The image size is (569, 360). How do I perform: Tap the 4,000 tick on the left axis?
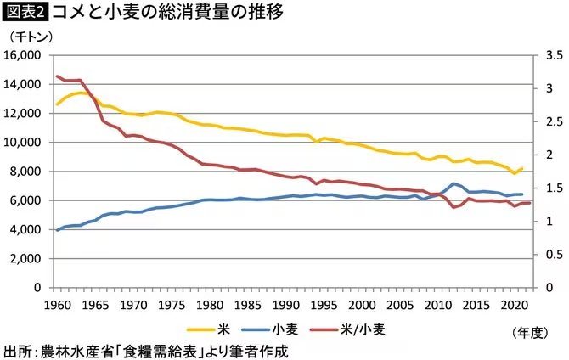[26, 229]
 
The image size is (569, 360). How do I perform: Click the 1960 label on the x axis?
[57, 303]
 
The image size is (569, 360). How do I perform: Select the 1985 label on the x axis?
[247, 303]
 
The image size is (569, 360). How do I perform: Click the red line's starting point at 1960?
[57, 76]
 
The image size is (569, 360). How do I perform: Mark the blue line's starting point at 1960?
[57, 230]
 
